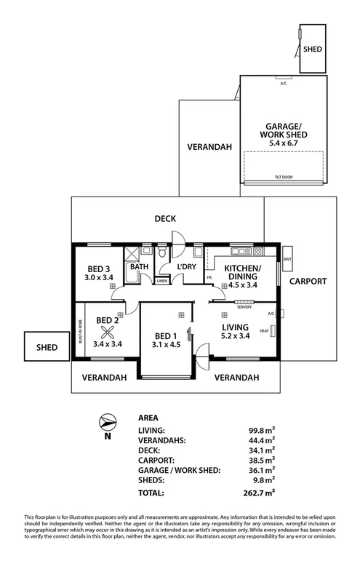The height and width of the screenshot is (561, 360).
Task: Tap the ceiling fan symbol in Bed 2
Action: click(108, 333)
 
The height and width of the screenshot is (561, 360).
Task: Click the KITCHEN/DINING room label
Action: click(241, 272)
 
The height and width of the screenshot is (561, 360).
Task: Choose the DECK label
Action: click(167, 218)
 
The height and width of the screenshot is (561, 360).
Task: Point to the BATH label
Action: click(139, 267)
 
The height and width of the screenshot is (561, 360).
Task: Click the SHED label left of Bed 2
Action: click(47, 348)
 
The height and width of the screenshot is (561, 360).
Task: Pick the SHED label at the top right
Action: click(312, 49)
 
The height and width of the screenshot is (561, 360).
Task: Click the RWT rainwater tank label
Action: click(287, 259)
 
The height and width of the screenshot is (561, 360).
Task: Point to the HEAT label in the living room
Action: click(264, 331)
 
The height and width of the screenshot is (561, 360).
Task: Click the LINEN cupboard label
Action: click(161, 281)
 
